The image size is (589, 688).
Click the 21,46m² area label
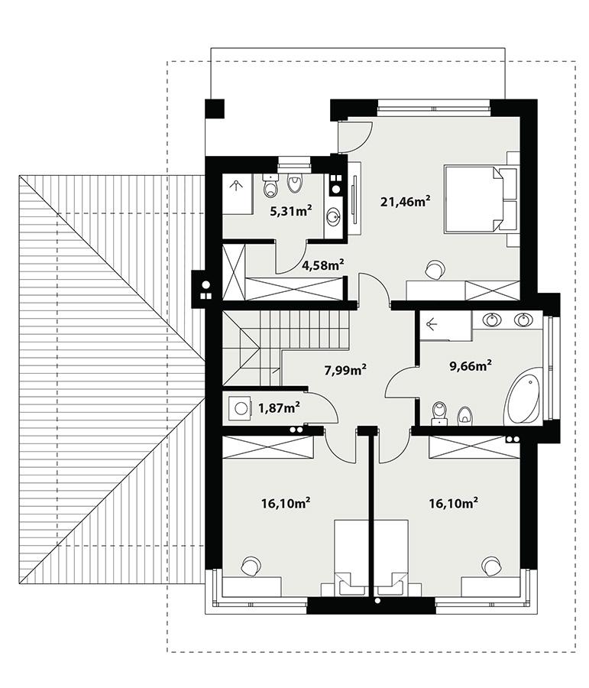coord(405,202)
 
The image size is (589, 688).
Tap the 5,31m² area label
coord(290,210)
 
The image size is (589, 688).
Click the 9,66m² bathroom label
coord(469,365)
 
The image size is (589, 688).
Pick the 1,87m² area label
coord(278,407)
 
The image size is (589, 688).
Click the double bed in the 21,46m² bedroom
coord(474,199)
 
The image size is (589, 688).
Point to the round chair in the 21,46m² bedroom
coord(434,269)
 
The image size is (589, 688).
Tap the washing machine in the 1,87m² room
coord(242,407)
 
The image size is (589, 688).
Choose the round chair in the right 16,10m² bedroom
coord(490,566)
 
